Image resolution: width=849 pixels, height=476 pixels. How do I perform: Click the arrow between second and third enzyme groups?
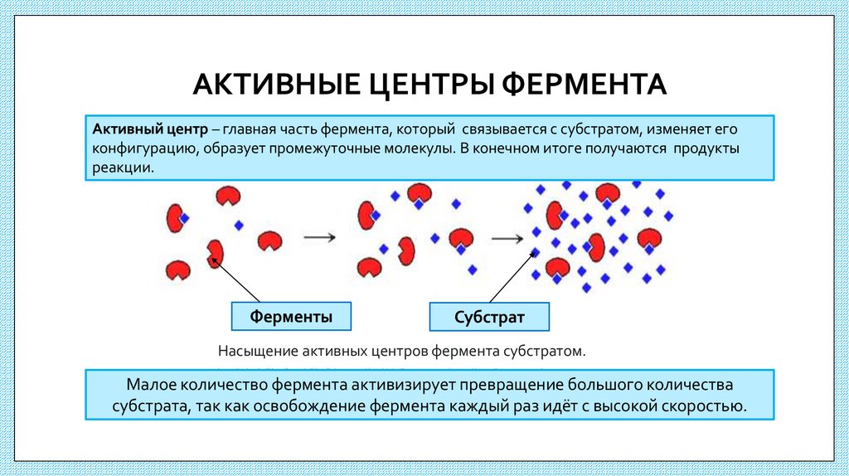[x=507, y=239]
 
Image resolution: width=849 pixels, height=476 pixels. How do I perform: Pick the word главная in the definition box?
[x=246, y=129]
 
